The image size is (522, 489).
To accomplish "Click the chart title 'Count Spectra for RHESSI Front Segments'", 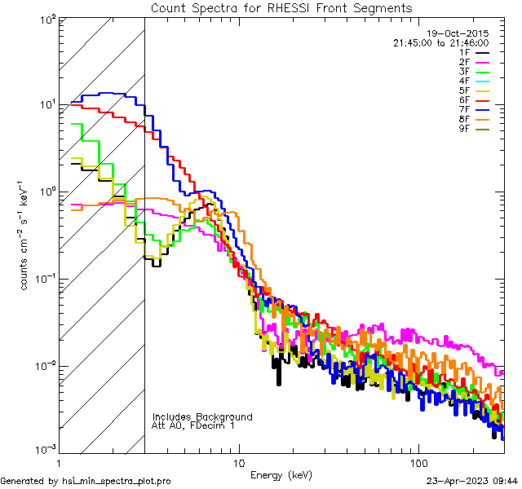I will [281, 7].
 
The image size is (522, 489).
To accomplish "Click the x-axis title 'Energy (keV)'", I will [281, 475].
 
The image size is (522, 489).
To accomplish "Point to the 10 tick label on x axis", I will [238, 461].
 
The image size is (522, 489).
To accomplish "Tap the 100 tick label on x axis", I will [418, 461].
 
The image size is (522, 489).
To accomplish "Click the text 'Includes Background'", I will [202, 416].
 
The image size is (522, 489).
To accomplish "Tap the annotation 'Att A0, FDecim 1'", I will [193, 425].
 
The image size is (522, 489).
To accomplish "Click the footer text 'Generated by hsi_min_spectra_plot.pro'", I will [86, 481].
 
